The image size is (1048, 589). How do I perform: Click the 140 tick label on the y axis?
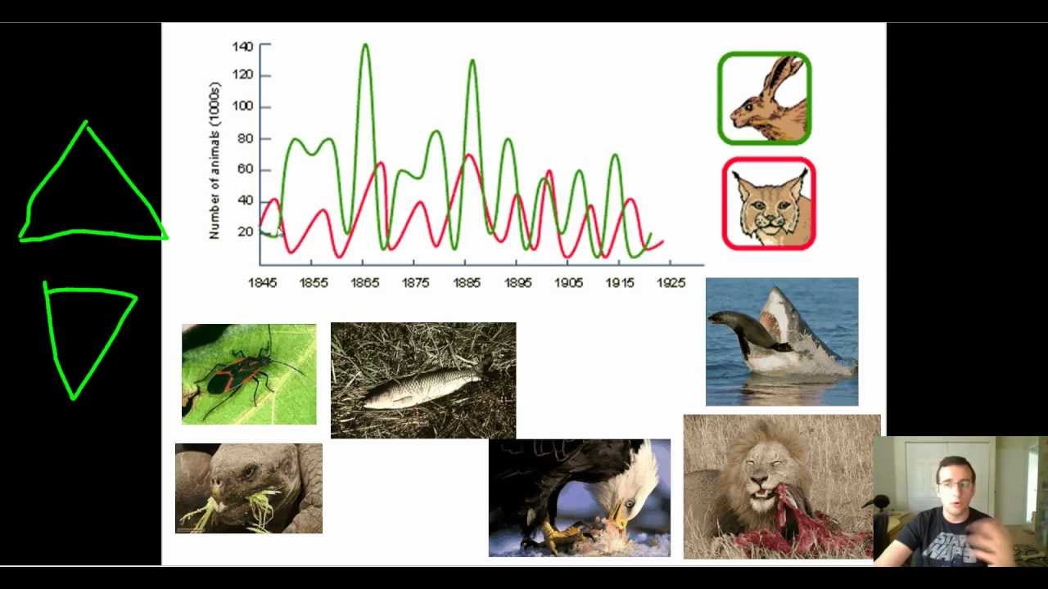(x=242, y=47)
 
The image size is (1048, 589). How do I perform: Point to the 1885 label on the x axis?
(x=467, y=283)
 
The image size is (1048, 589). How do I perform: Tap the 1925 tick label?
(x=671, y=283)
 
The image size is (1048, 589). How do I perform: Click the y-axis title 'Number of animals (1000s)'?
(x=215, y=160)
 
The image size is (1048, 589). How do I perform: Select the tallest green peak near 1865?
(x=365, y=46)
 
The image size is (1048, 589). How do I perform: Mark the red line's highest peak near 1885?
(x=469, y=155)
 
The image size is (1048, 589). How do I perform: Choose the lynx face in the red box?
(x=768, y=205)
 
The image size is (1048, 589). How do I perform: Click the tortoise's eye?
(x=245, y=474)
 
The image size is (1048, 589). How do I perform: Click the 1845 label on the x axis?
(x=263, y=283)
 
